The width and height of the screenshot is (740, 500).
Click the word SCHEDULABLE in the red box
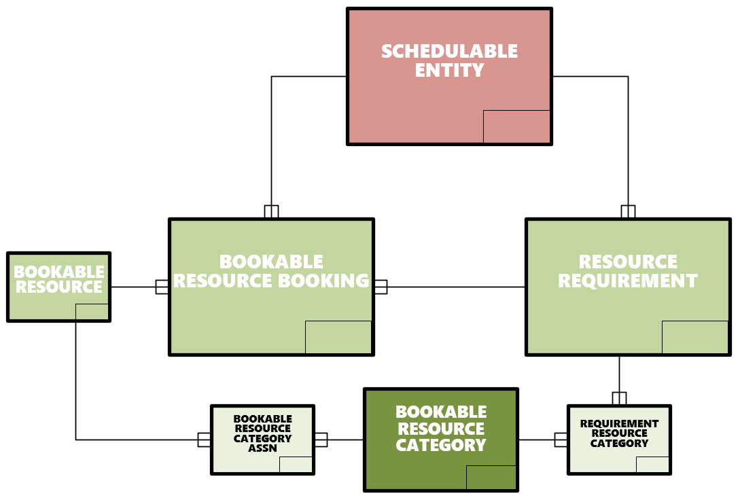pos(449,52)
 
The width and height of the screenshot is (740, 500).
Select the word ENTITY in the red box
pos(449,70)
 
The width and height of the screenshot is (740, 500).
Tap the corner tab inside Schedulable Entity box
pos(516,126)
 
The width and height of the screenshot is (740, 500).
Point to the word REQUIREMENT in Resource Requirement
pos(628,281)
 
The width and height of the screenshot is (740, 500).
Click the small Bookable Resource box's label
pos(59,280)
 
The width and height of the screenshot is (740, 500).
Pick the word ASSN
pos(262,448)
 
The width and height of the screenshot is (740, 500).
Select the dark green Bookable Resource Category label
pos(441,429)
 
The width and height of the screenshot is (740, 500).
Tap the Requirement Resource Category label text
pos(619,433)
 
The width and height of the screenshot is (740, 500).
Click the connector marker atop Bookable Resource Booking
pos(271,211)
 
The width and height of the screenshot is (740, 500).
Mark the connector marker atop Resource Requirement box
pos(628,211)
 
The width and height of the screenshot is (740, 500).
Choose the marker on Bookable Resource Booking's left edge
pos(162,287)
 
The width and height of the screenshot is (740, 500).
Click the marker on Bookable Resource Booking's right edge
pos(381,287)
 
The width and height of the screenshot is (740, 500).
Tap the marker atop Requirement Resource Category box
pos(619,398)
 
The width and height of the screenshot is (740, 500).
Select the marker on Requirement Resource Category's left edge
pos(561,440)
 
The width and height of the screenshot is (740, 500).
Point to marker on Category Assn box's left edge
pos(204,440)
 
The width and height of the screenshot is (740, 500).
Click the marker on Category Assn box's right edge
pos(321,440)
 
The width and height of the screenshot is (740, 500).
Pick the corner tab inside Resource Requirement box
pos(694,337)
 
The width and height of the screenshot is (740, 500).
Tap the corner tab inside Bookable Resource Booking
pos(338,337)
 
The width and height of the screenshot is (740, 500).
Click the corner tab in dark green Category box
pos(491,477)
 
